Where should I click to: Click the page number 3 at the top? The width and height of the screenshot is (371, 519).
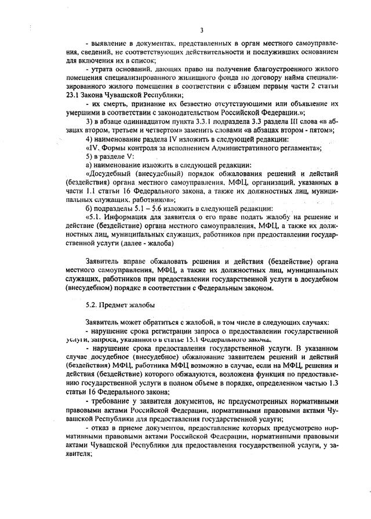(x=201, y=30)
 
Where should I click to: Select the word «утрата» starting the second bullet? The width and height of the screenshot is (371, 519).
(x=104, y=70)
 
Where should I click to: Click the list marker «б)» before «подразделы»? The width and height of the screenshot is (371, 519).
(x=89, y=208)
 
